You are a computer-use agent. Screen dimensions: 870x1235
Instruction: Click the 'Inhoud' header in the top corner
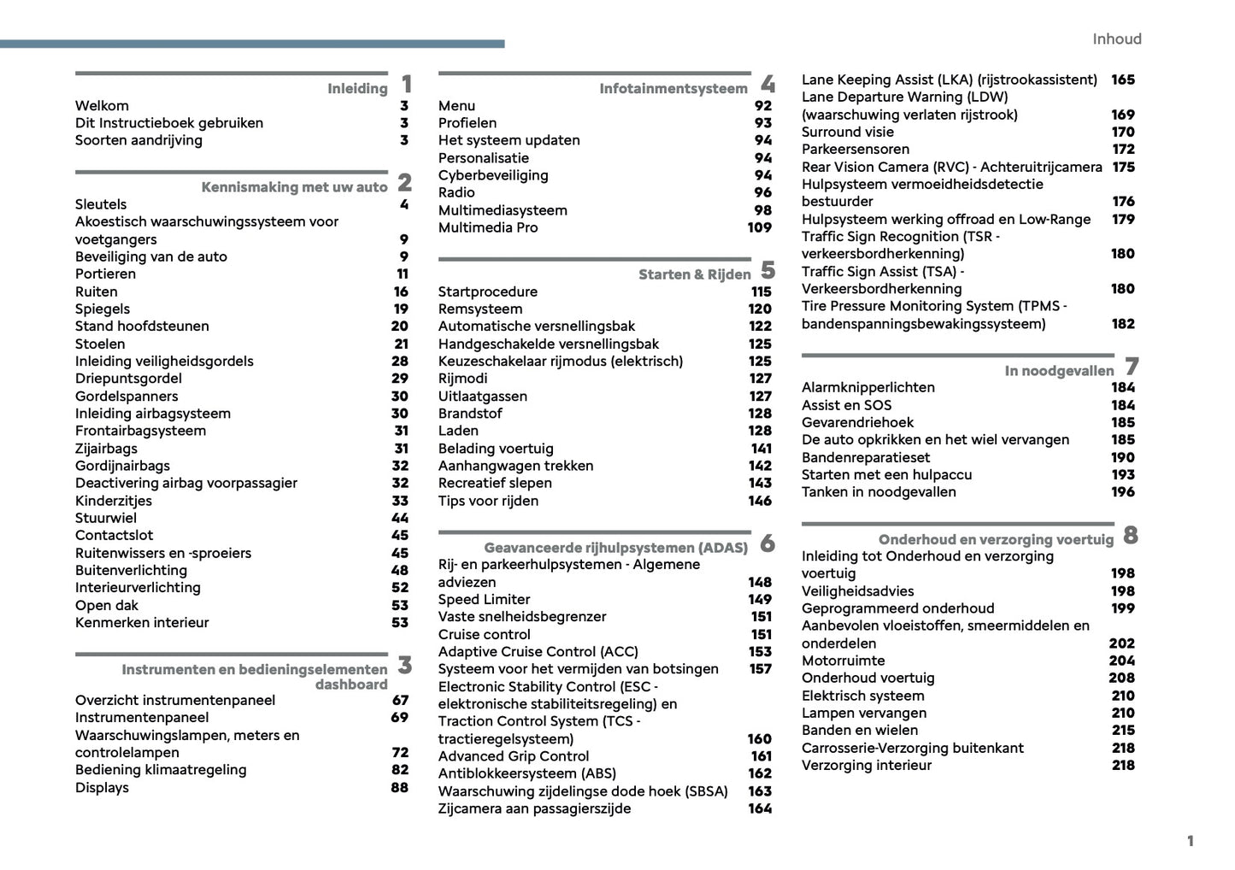1116,39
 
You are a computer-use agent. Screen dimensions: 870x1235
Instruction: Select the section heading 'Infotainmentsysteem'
673,89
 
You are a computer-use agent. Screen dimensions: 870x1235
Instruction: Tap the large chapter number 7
1132,367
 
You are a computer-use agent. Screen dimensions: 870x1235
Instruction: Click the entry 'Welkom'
102,106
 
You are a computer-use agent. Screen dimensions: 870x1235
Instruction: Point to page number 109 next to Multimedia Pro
759,227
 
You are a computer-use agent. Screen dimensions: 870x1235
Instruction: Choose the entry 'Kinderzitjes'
113,501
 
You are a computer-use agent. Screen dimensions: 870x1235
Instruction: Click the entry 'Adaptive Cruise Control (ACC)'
538,651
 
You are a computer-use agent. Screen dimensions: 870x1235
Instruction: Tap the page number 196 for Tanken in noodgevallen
1122,492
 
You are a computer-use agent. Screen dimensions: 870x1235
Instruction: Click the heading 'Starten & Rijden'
694,274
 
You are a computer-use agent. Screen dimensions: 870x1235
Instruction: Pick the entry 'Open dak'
106,605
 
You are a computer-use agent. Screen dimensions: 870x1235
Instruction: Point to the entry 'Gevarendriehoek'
857,422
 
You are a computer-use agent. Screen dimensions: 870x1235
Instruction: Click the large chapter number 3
405,665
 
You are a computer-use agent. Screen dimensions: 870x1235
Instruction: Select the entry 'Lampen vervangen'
863,713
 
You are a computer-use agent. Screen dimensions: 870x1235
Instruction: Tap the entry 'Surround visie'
847,132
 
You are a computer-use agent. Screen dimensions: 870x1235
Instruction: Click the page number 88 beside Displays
399,787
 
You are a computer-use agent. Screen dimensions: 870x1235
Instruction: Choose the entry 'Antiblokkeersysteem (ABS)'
526,773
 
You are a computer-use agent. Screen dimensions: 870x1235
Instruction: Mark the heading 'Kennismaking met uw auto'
294,187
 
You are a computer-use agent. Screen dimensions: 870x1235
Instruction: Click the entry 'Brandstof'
470,414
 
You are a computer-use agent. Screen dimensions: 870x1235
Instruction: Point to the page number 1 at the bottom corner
1190,841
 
